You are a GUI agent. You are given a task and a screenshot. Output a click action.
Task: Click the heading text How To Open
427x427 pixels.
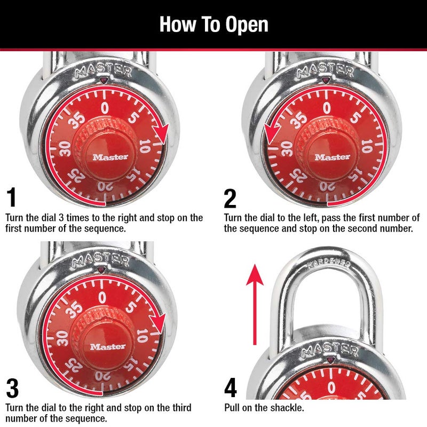[x=213, y=25]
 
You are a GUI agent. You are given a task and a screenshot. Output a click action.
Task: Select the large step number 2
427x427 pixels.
[x=230, y=199]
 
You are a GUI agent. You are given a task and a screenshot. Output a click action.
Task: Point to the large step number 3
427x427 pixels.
[x=12, y=389]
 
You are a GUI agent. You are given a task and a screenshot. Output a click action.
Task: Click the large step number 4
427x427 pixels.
[x=231, y=388]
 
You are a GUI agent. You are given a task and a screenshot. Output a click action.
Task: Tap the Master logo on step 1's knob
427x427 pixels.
[x=110, y=157]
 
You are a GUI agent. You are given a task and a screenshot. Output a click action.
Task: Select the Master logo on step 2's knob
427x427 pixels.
[x=332, y=157]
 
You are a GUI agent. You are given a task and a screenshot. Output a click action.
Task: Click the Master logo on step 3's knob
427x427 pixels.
[x=108, y=346]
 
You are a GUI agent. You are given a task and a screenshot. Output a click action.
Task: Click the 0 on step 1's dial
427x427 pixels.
[x=105, y=108]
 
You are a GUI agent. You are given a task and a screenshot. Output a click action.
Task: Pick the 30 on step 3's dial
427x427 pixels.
[x=61, y=338]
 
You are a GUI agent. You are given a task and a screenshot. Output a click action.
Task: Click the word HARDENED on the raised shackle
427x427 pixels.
[x=328, y=263]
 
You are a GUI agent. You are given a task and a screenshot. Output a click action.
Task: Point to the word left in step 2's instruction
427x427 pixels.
[x=287, y=218]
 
